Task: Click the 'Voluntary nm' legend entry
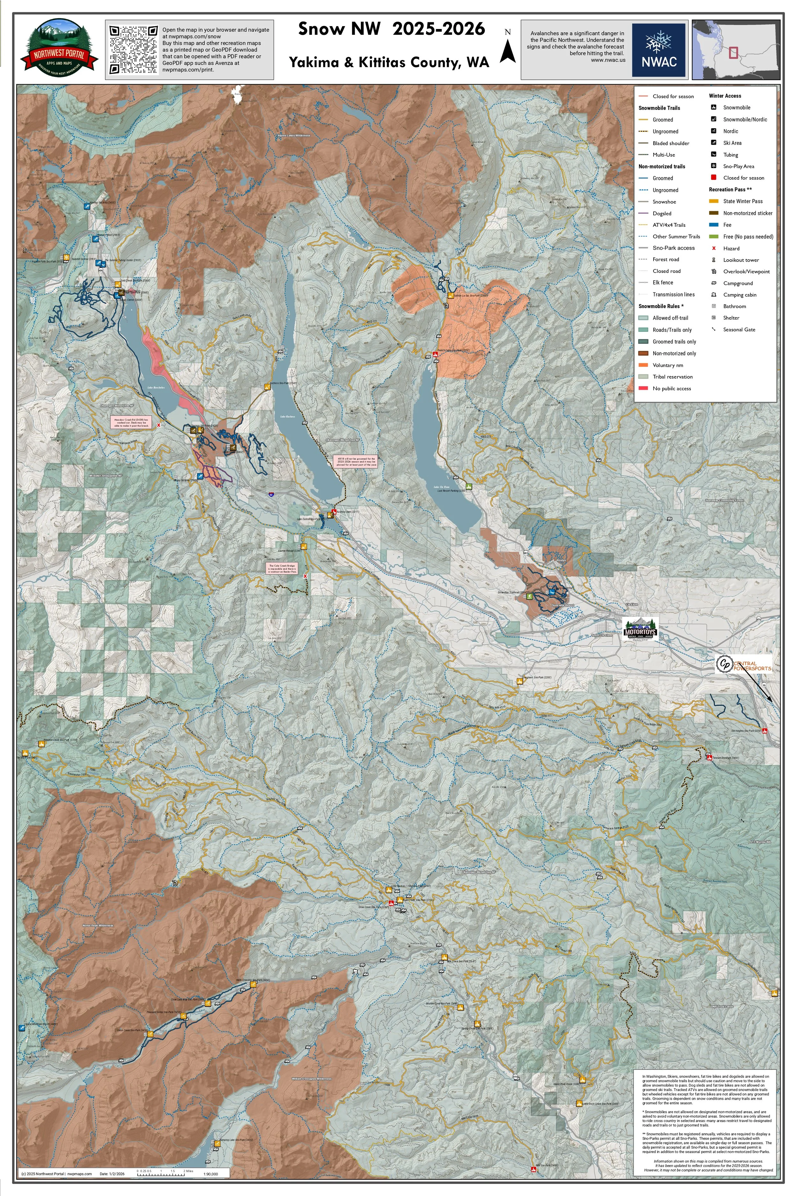(x=667, y=365)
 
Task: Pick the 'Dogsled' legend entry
(x=662, y=214)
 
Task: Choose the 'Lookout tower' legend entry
(x=741, y=260)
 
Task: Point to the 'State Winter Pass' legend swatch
(x=714, y=201)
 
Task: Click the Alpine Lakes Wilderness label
(x=293, y=136)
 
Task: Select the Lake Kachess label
(x=287, y=417)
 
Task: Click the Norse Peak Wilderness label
(x=98, y=926)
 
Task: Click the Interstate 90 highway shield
(x=271, y=493)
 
